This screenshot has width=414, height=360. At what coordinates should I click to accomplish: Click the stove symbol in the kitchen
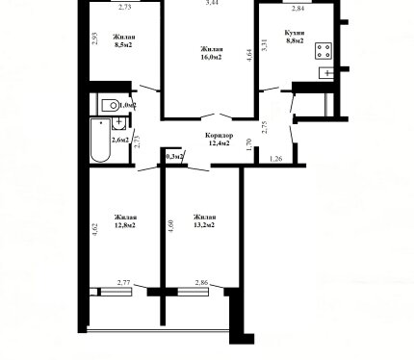323,51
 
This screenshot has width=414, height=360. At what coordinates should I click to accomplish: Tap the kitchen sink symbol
326,73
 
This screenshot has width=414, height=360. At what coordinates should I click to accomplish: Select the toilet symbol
110,105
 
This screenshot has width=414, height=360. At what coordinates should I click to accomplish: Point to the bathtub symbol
100,141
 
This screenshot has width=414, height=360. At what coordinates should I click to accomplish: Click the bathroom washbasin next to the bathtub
118,123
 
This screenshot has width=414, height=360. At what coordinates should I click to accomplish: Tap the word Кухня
295,33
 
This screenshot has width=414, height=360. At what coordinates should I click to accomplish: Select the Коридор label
220,136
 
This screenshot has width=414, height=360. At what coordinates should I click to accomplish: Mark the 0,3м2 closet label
175,157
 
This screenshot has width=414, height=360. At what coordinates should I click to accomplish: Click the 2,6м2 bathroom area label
120,140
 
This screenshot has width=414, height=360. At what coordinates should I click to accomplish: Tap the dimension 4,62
95,229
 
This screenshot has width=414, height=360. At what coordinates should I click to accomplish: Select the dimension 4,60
170,226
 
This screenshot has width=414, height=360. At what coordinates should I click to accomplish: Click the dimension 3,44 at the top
211,3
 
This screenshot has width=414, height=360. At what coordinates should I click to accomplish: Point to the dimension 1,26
276,159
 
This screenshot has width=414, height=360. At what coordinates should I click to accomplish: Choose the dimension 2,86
202,283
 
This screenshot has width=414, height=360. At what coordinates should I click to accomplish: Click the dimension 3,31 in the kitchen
265,45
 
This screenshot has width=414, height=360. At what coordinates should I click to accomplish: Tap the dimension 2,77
124,283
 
